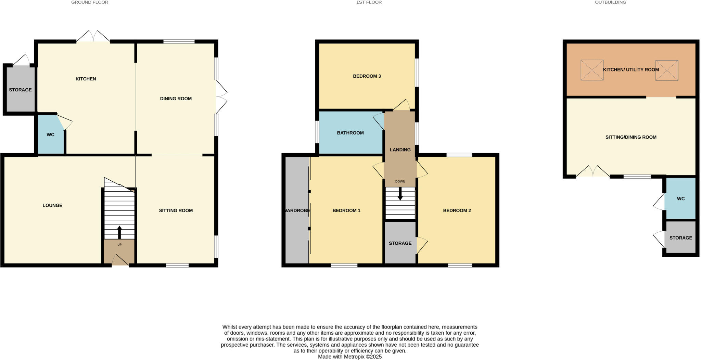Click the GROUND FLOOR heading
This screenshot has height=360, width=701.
coord(90,2)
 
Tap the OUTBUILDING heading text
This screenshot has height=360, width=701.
coord(610,2)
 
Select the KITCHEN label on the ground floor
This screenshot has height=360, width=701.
coord(86,79)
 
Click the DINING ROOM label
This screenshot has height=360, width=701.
coord(176,99)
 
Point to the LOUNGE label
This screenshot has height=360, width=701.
coord(52,205)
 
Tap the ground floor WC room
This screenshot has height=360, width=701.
coord(50,134)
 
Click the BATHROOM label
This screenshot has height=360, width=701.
coord(350,133)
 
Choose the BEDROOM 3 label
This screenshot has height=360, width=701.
coord(367,76)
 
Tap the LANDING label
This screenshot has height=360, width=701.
coord(400,150)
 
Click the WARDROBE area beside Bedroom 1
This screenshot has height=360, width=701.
coord(297,210)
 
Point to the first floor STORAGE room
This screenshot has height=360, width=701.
coord(400,243)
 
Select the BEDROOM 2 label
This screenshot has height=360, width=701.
coord(457,210)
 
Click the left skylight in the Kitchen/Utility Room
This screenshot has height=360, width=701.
coord(592,70)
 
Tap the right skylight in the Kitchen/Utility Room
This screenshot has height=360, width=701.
coord(667,70)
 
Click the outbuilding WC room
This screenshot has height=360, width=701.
coord(680,198)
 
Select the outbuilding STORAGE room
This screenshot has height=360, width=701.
coord(680,237)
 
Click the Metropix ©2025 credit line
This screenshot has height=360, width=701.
coord(349,357)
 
